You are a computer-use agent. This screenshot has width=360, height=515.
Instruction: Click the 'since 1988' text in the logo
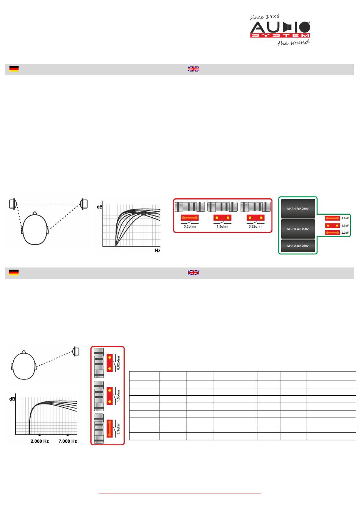pyautogui.click(x=265, y=17)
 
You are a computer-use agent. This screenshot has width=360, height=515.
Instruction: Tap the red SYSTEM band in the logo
pyautogui.click(x=280, y=36)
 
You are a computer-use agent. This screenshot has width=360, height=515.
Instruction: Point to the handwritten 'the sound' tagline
pyautogui.click(x=294, y=42)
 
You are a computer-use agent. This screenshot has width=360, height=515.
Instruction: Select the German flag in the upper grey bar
pyautogui.click(x=14, y=69)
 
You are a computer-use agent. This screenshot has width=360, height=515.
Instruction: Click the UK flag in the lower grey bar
pyautogui.click(x=194, y=272)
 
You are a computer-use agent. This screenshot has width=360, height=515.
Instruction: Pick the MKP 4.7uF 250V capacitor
pyautogui.click(x=298, y=209)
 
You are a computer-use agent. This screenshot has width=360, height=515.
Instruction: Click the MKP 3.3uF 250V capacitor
pyautogui.click(x=298, y=229)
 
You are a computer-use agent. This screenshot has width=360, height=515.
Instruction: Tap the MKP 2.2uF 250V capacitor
pyautogui.click(x=298, y=246)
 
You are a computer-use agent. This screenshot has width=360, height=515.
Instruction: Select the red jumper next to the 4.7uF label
pyautogui.click(x=332, y=218)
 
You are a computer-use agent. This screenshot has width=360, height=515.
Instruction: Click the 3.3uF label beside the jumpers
pyautogui.click(x=345, y=226)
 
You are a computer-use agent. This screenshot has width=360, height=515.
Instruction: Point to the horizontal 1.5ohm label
pyautogui.click(x=222, y=226)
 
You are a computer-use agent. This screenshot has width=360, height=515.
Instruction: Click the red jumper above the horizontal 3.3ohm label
pyautogui.click(x=189, y=217)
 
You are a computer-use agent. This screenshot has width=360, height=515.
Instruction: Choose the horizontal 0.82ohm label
pyautogui.click(x=255, y=226)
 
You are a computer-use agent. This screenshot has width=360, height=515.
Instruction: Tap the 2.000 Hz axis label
pyautogui.click(x=39, y=441)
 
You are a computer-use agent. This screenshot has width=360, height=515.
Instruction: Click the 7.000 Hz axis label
pyautogui.click(x=67, y=441)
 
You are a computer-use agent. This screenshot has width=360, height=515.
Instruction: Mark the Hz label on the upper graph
pyautogui.click(x=158, y=251)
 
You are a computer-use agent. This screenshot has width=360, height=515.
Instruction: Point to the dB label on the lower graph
pyautogui.click(x=12, y=399)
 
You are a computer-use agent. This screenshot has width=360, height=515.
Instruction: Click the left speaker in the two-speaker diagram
pyautogui.click(x=13, y=204)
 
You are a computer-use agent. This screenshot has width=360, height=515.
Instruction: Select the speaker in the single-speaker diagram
pyautogui.click(x=76, y=351)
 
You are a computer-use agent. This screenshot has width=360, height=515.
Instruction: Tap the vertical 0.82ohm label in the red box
pyautogui.click(x=118, y=363)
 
